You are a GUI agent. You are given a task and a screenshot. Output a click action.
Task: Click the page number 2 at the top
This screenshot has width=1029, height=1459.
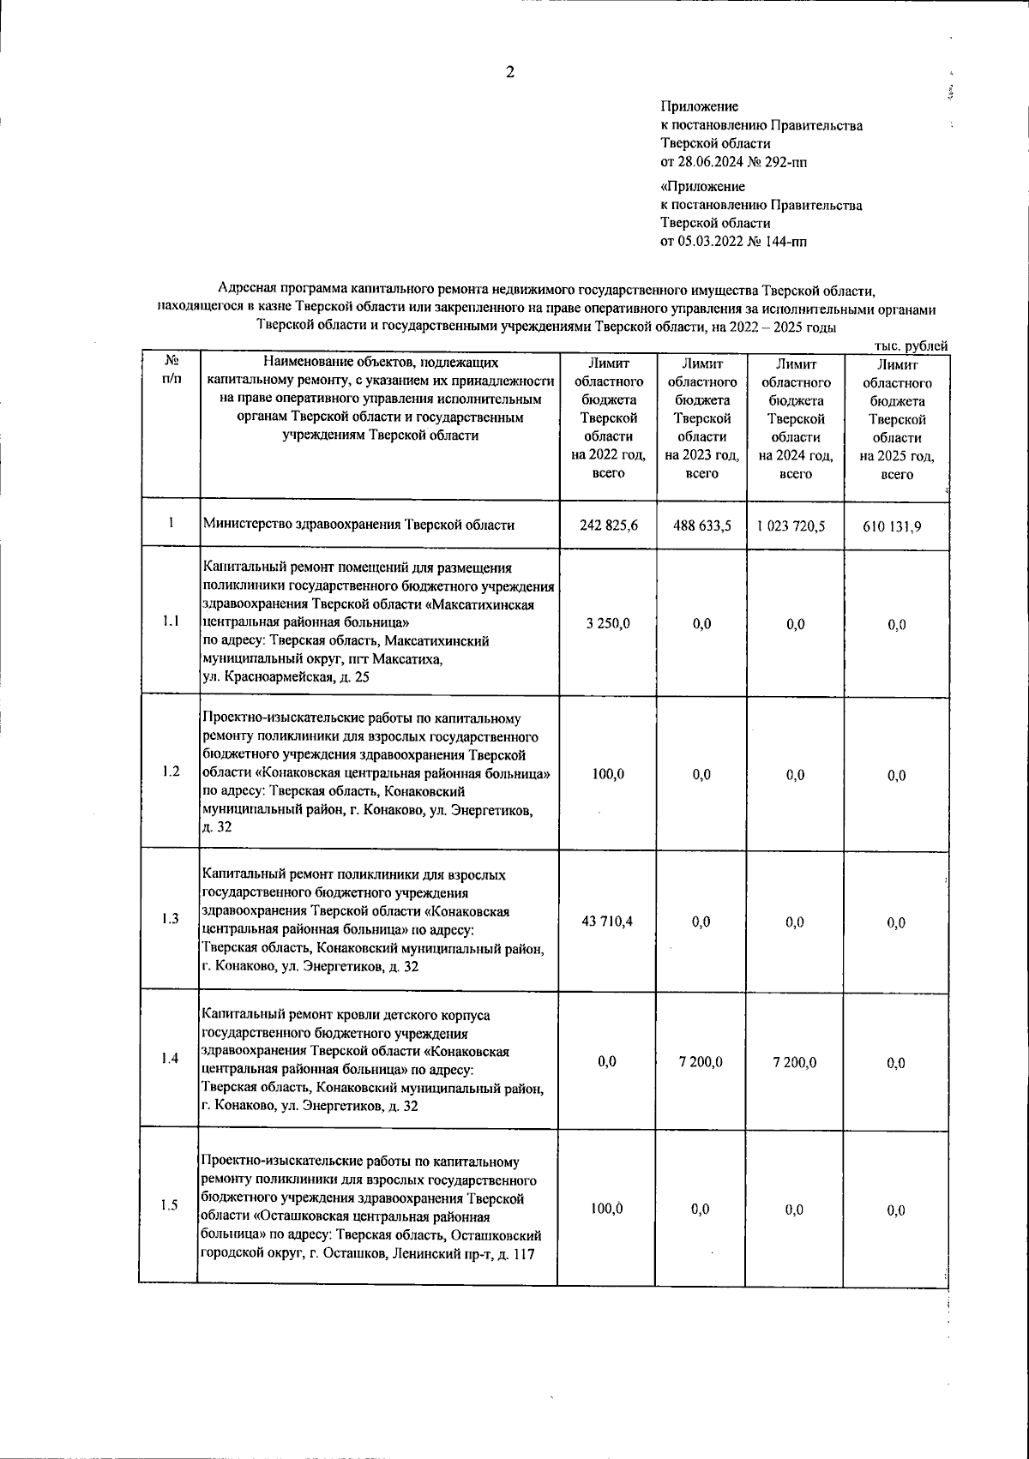pos(509,73)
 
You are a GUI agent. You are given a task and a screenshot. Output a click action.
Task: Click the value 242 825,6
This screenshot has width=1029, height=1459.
pos(608,525)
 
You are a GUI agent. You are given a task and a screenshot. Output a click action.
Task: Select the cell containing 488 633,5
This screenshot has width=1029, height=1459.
pos(701,525)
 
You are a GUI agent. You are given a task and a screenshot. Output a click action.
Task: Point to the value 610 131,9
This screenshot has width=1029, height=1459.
pos(896,527)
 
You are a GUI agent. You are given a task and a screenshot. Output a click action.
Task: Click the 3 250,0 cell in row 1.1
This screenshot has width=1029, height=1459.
pos(608,623)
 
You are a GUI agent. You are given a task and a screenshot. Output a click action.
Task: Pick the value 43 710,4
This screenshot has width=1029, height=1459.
pos(608,921)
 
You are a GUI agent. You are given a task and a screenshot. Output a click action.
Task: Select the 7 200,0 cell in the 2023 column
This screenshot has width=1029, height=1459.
pos(701,1061)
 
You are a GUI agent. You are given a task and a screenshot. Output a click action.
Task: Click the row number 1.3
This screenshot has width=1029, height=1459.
pos(170,919)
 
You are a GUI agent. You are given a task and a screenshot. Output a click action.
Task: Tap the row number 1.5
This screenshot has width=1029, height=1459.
pos(169,1205)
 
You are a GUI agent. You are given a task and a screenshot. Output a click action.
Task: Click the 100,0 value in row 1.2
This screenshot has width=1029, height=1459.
pos(608,773)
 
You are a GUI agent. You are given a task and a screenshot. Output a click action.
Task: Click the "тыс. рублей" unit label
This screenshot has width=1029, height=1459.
pos(910,345)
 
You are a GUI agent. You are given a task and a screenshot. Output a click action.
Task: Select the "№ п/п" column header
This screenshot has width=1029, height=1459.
pos(171,369)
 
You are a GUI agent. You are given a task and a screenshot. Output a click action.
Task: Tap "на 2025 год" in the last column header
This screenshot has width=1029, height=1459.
pos(896,456)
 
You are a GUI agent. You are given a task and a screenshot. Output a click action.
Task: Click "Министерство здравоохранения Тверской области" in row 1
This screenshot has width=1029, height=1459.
pos(358,525)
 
